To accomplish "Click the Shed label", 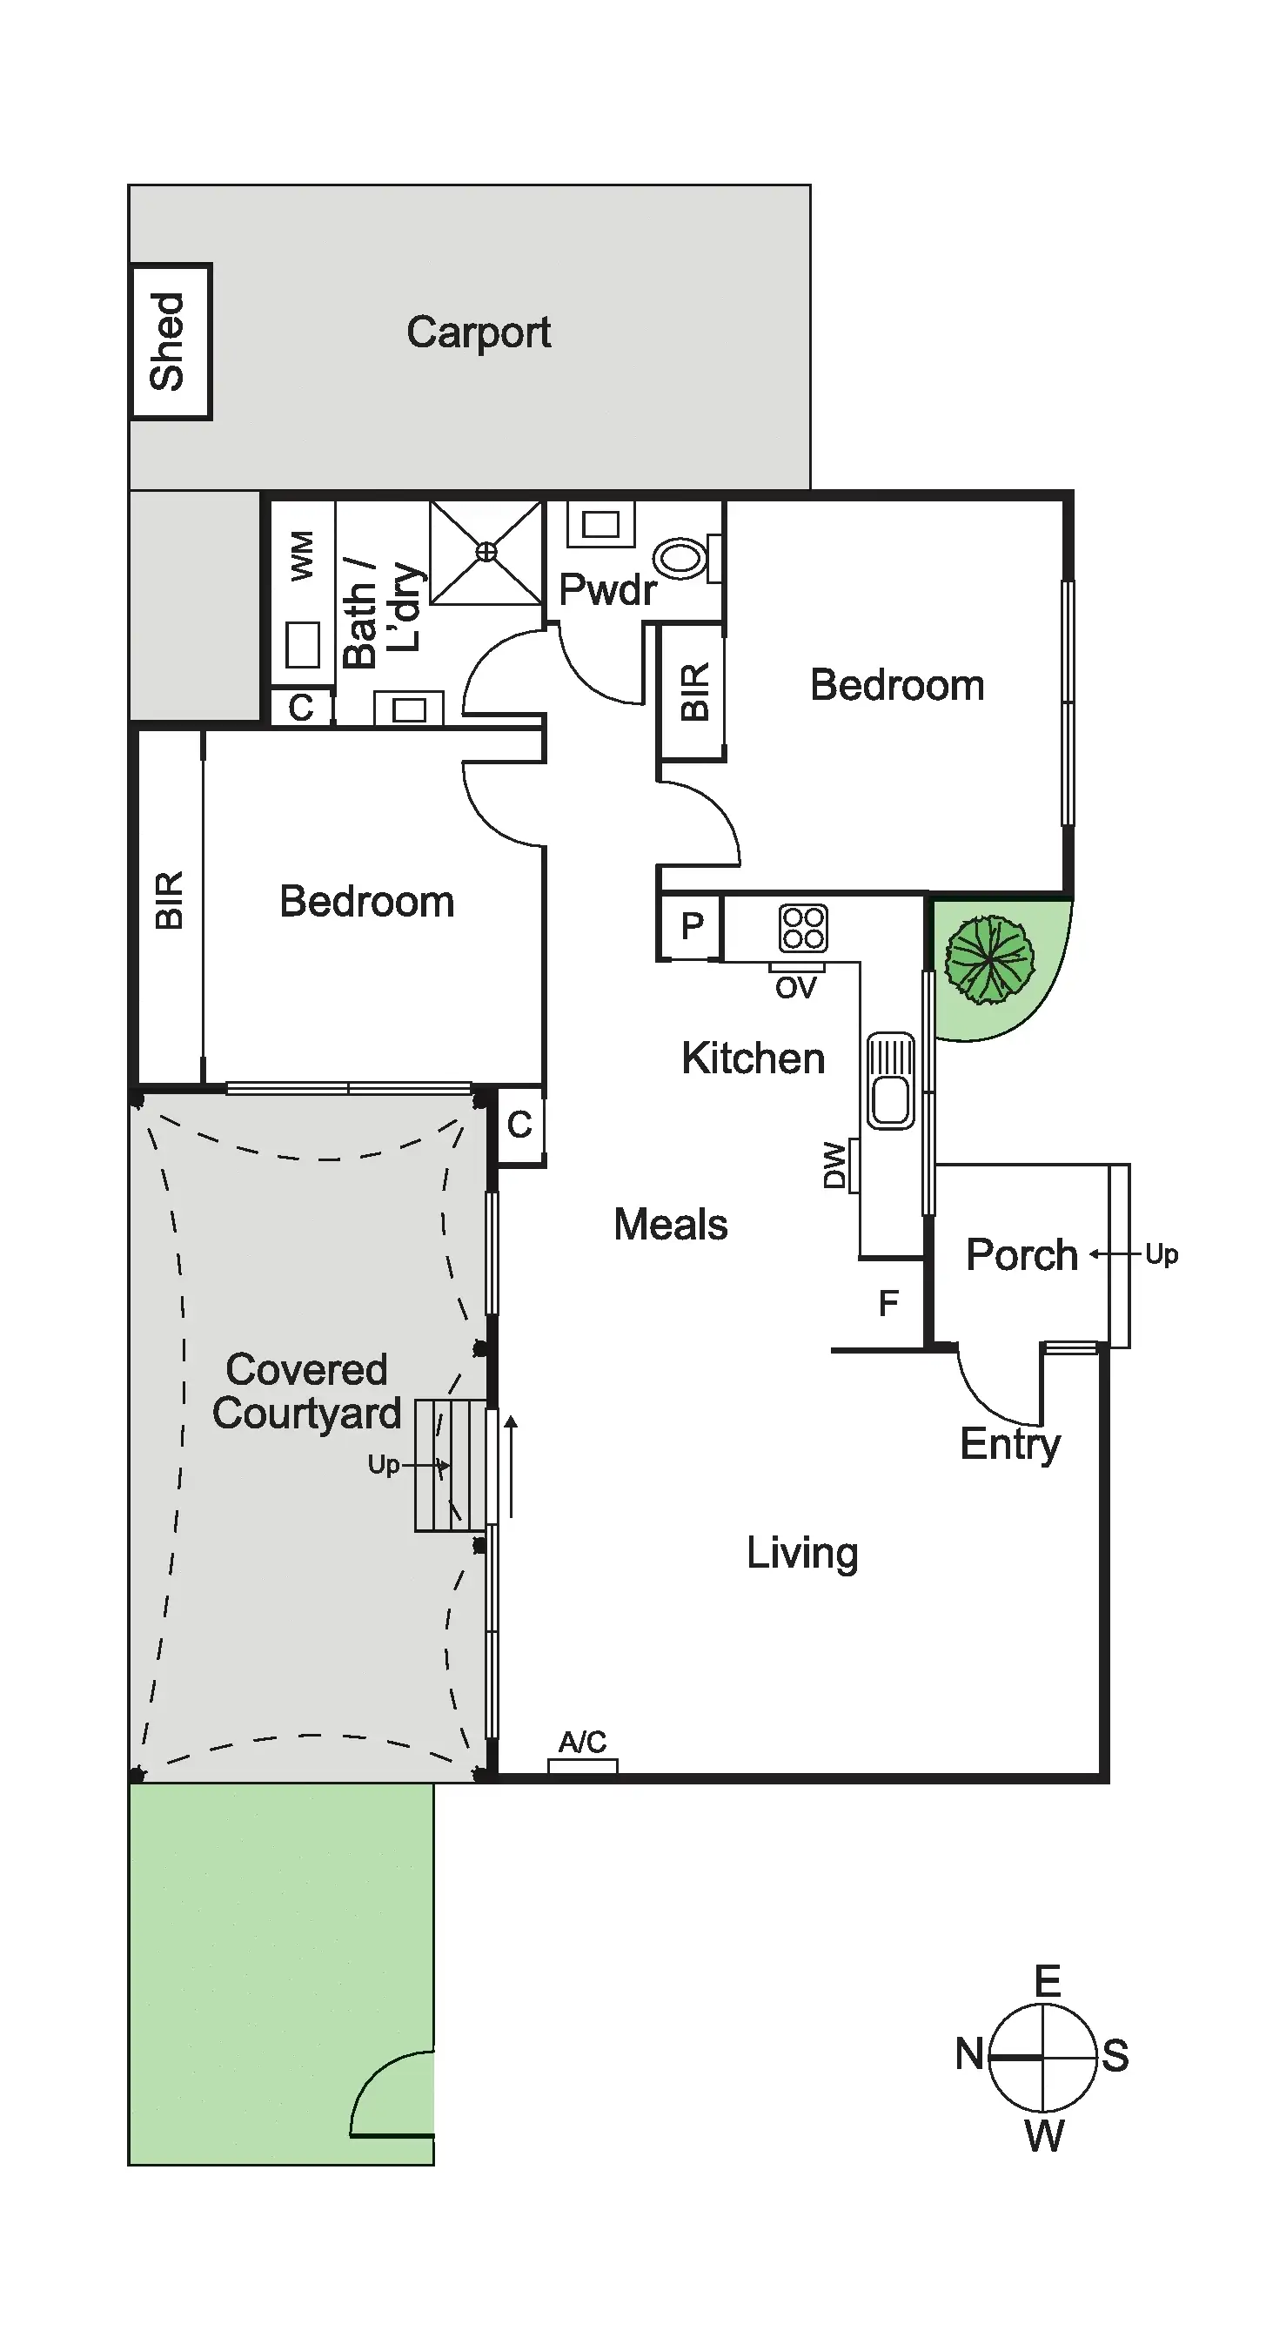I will click(x=169, y=341).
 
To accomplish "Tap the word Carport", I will click(x=479, y=333).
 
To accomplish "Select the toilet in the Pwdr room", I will click(x=683, y=557).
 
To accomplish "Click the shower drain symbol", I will click(x=486, y=552).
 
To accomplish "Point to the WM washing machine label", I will click(x=301, y=555).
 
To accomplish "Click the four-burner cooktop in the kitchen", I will click(x=803, y=928).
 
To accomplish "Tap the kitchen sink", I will click(x=890, y=1080).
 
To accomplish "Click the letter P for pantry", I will click(x=692, y=927).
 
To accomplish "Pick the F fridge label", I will click(x=888, y=1303).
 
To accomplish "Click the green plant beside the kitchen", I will click(x=988, y=960).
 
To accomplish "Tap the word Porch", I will click(x=1021, y=1255).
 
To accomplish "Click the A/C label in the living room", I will click(x=582, y=1742).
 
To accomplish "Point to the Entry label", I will click(x=1010, y=1444).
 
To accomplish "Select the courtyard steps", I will click(x=450, y=1466).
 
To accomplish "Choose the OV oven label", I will click(x=796, y=987).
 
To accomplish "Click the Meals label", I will click(x=671, y=1225).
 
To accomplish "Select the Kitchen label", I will click(x=754, y=1058).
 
